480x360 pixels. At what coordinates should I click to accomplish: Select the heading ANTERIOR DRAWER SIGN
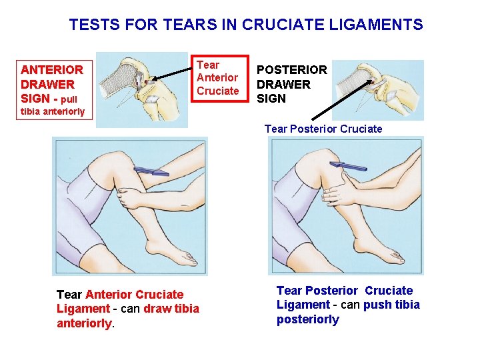coord(52,84)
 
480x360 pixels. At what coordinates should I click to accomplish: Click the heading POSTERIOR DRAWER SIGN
coord(292,84)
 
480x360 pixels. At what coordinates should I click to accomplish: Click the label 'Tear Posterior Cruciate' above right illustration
coord(323,129)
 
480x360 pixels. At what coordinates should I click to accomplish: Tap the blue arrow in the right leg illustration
coord(349,166)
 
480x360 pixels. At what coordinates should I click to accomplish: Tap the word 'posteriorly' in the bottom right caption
coord(308,319)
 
